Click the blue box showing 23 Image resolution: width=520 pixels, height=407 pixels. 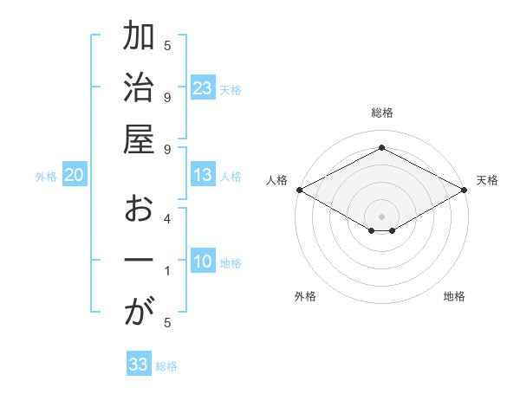203,88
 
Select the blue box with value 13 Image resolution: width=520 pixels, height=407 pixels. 203,175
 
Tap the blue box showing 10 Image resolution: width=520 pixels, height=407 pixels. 203,262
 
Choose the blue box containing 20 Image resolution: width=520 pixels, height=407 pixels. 75,175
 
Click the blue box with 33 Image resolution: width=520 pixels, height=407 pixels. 139,365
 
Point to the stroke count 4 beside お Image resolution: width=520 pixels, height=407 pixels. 167,219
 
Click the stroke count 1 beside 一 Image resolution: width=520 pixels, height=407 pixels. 167,271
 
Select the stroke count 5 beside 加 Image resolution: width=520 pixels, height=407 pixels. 167,45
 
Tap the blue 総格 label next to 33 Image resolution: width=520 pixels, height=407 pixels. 166,366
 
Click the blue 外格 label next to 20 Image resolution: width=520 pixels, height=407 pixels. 46,176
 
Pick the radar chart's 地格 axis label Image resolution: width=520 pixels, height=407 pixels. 454,296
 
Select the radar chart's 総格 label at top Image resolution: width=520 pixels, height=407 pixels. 381,113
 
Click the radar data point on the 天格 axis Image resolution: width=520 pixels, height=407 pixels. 465,190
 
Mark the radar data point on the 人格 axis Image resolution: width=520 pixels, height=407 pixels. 298,190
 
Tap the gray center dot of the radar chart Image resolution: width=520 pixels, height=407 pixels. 381,215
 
